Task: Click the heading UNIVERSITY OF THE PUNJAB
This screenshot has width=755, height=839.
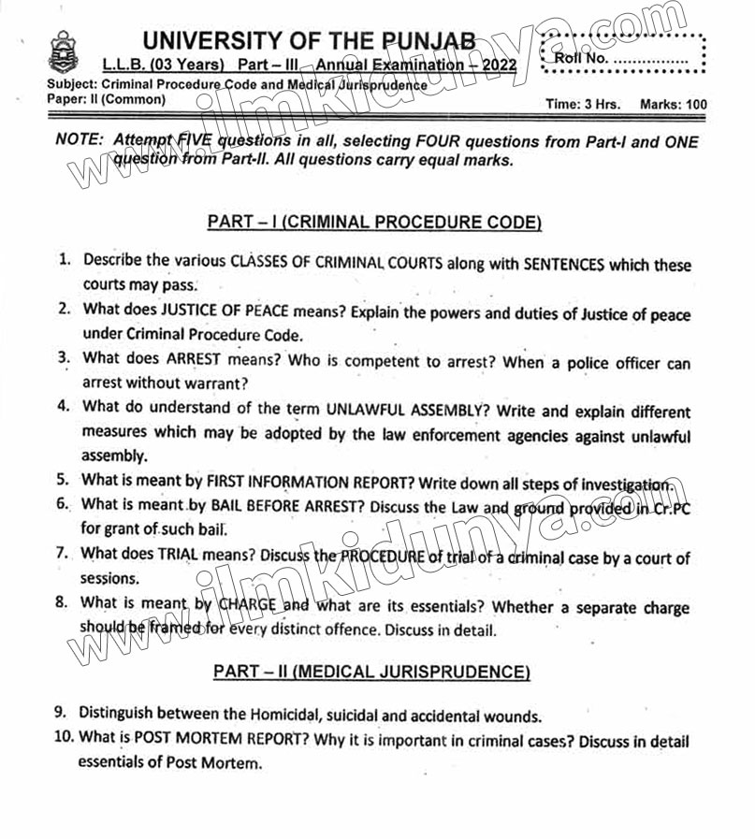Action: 309,41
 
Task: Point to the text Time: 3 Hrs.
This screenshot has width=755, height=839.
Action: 582,105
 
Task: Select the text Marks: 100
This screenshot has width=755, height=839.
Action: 673,105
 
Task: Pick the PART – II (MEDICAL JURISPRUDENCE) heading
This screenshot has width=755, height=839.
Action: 371,672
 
